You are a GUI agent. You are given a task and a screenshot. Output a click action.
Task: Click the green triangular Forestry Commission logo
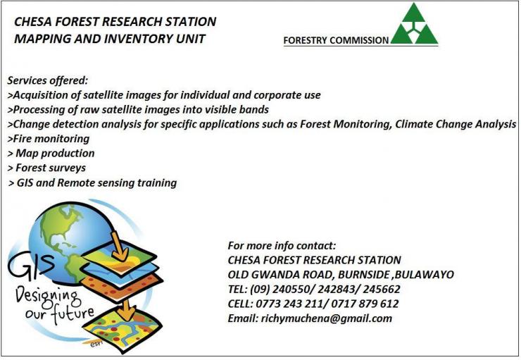pyautogui.click(x=415, y=24)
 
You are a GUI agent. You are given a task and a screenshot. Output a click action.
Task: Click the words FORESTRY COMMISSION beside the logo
pyautogui.click(x=336, y=41)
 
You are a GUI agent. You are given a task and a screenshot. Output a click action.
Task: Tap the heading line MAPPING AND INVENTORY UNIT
pyautogui.click(x=110, y=39)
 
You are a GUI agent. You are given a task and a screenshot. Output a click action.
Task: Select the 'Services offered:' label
pyautogui.click(x=47, y=80)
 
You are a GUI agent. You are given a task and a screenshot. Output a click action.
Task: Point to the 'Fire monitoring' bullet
pyautogui.click(x=49, y=139)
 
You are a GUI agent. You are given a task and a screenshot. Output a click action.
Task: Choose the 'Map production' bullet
pyautogui.click(x=51, y=154)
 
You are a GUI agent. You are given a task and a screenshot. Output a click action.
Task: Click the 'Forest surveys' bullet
pyautogui.click(x=47, y=168)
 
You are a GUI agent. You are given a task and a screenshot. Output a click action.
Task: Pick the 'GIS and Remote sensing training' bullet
pyautogui.click(x=93, y=183)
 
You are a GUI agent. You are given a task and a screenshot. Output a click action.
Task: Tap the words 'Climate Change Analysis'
pyautogui.click(x=456, y=124)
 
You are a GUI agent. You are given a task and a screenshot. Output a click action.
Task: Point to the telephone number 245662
pyautogui.click(x=382, y=289)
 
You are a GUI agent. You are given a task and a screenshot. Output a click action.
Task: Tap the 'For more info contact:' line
pyautogui.click(x=282, y=246)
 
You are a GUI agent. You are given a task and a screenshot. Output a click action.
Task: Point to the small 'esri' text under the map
pyautogui.click(x=96, y=344)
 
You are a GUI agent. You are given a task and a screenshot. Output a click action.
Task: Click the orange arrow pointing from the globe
pyautogui.click(x=118, y=246)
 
